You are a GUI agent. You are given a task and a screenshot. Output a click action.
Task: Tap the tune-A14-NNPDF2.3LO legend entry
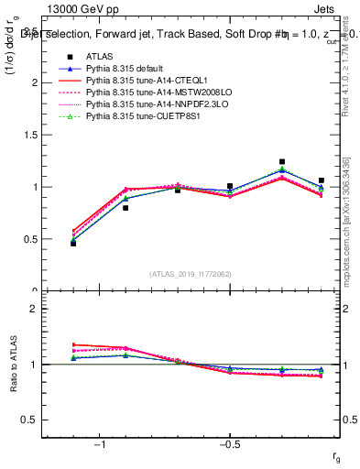pos(157,105)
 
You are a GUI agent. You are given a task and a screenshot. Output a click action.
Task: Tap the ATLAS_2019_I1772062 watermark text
pos(191,274)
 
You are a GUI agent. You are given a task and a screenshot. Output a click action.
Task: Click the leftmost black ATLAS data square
pos(73,243)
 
